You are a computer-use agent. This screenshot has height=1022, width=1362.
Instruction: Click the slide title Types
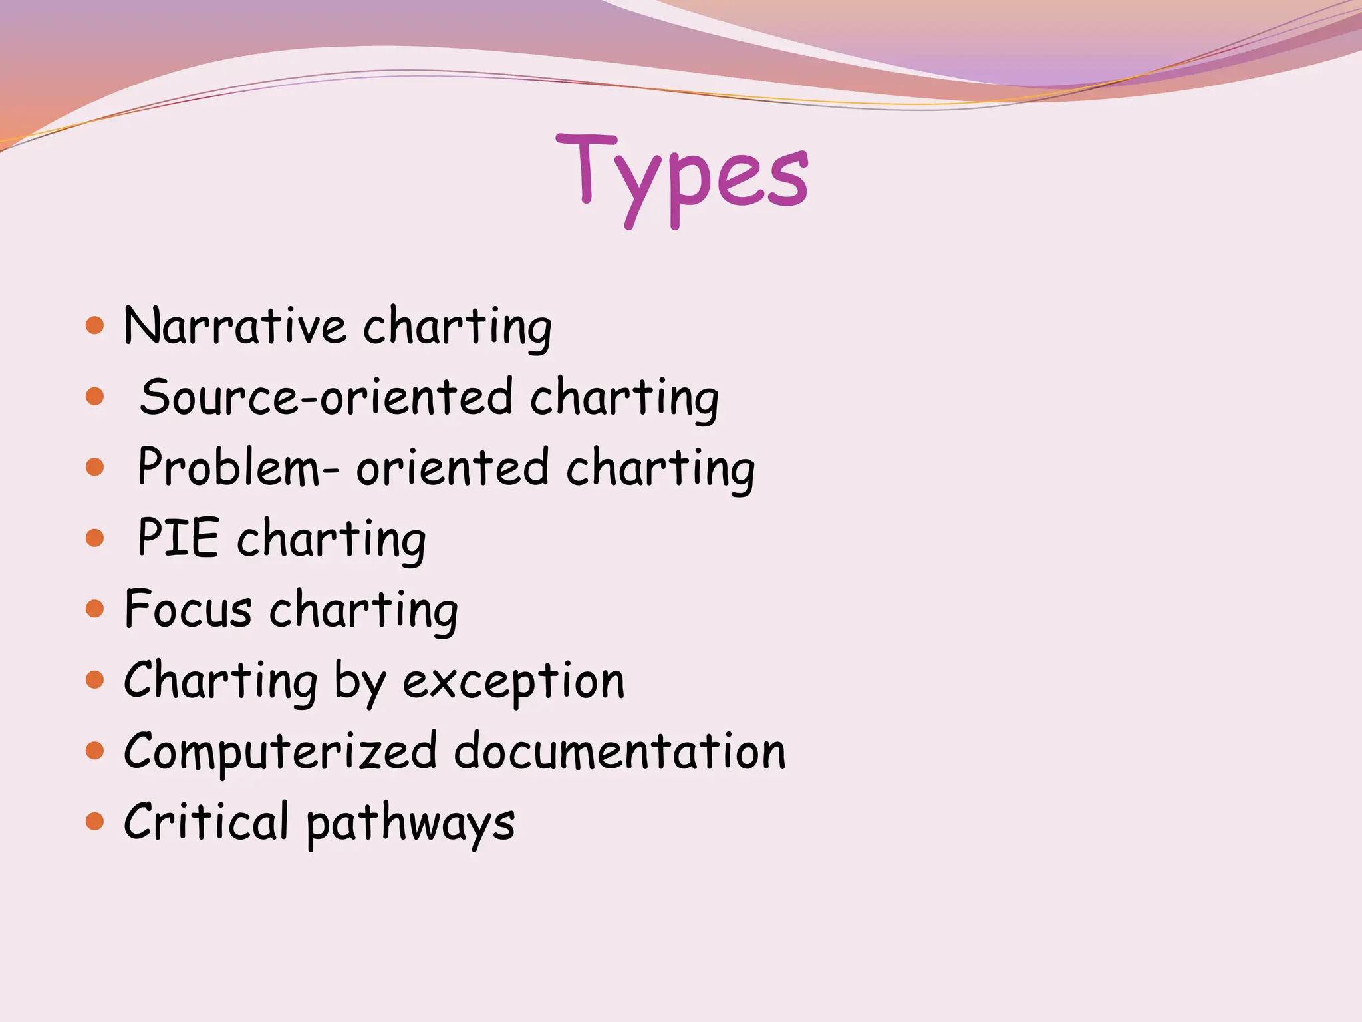pyautogui.click(x=682, y=174)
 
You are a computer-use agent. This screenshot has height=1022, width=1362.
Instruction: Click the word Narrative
pyautogui.click(x=235, y=327)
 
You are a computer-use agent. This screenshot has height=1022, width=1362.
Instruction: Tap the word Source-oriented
pyautogui.click(x=327, y=397)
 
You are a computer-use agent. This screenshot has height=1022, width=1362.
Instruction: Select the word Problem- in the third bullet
pyautogui.click(x=238, y=468)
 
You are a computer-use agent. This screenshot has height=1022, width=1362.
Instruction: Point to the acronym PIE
pyautogui.click(x=178, y=538)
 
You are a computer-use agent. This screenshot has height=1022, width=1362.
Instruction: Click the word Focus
pyautogui.click(x=188, y=609)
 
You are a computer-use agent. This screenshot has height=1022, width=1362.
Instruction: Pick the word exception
pyautogui.click(x=514, y=681)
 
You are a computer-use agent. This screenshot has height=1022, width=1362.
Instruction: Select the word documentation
pyautogui.click(x=620, y=752)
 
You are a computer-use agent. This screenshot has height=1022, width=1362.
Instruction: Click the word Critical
pyautogui.click(x=206, y=822)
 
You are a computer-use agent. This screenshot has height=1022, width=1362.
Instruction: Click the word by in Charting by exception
pyautogui.click(x=360, y=683)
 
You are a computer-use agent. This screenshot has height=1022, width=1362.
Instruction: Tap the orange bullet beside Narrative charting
pyautogui.click(x=95, y=326)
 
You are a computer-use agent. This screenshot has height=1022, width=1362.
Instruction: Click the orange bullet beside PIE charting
pyautogui.click(x=95, y=538)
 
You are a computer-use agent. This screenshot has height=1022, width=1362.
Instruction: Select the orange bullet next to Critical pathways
pyautogui.click(x=95, y=822)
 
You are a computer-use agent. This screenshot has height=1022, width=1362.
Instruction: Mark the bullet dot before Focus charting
pyautogui.click(x=95, y=609)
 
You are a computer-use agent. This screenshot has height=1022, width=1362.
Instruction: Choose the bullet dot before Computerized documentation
pyautogui.click(x=95, y=751)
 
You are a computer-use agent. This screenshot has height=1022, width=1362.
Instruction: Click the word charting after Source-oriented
pyautogui.click(x=624, y=399)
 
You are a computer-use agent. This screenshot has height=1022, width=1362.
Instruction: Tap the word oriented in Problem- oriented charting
pyautogui.click(x=453, y=468)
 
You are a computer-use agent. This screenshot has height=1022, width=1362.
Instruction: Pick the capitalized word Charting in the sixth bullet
pyautogui.click(x=221, y=681)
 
